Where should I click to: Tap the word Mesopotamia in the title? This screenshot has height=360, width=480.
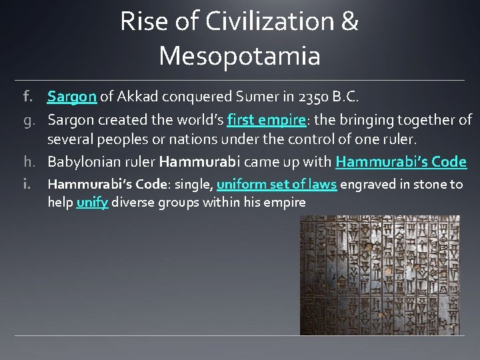click(x=240, y=56)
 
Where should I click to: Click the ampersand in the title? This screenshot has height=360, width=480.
click(x=349, y=22)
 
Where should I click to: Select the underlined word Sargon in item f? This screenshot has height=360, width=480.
click(x=72, y=97)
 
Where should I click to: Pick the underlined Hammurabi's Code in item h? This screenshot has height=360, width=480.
click(x=401, y=162)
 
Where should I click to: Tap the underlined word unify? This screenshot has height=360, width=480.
click(x=92, y=201)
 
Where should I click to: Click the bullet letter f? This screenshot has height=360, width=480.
click(x=28, y=97)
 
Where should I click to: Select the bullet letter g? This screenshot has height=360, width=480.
click(x=28, y=121)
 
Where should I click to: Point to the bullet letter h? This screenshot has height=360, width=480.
click(x=28, y=162)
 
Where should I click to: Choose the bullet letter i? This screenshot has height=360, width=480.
click(x=28, y=185)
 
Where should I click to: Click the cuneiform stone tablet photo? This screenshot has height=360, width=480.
click(x=379, y=275)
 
